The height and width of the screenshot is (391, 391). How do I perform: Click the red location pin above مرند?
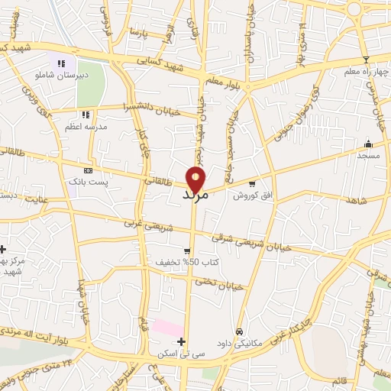click(197, 177)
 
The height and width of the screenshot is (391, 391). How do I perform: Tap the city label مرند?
click(196, 195)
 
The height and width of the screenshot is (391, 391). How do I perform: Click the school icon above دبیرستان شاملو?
click(61, 63)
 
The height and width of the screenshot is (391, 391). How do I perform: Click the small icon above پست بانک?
click(88, 170)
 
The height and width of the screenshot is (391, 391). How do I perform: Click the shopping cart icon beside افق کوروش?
click(252, 183)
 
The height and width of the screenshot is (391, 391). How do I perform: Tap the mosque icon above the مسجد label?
click(368, 144)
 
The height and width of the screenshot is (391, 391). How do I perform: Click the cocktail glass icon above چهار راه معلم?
click(366, 60)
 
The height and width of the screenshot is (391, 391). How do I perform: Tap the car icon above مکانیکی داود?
click(240, 332)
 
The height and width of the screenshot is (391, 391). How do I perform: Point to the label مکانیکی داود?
click(240, 344)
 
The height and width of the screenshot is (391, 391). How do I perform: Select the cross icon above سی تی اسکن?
click(181, 341)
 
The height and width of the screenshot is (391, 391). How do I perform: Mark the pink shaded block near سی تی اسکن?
click(166, 328)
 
